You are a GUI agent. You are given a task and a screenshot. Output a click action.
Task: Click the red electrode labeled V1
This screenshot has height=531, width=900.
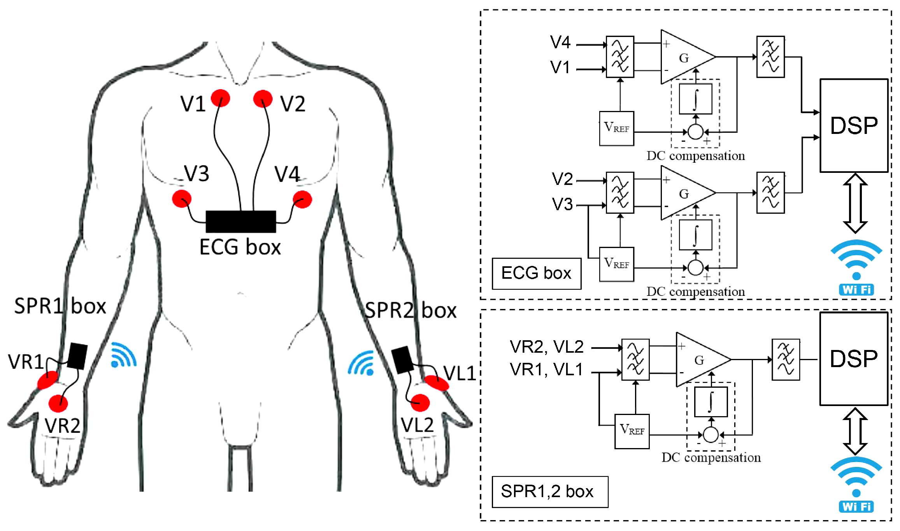[220, 98]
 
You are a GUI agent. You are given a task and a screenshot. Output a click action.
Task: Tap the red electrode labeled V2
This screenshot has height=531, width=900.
[263, 98]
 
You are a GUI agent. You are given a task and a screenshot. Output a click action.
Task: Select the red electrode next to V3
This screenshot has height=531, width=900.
[182, 199]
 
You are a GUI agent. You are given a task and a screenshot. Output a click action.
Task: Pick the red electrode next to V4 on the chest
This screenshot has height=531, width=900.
[302, 199]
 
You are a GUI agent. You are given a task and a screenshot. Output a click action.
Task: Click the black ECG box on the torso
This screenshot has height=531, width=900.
[240, 222]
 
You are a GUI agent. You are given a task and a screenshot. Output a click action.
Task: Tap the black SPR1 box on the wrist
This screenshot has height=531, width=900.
[77, 356]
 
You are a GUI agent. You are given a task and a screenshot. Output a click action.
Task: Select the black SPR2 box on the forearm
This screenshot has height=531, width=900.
[402, 359]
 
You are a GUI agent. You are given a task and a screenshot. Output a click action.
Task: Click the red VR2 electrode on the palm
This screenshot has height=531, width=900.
[58, 403]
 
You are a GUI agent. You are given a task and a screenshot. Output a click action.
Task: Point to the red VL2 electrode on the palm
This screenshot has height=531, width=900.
[420, 403]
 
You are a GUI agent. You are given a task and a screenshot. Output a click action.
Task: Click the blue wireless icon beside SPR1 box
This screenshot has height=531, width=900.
[123, 355]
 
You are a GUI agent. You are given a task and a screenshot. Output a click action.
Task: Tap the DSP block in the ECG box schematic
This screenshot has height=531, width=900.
[854, 125]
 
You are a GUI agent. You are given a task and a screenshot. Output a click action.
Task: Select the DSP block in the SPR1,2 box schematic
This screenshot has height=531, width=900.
[854, 359]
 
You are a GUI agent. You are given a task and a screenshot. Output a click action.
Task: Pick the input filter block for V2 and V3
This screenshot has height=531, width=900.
[620, 192]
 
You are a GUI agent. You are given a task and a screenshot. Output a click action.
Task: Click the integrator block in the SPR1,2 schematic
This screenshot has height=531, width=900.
[711, 401]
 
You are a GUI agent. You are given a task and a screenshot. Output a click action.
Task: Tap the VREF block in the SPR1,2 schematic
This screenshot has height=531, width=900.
[632, 431]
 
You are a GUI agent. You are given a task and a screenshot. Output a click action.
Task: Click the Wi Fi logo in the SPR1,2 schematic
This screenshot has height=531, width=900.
[856, 485]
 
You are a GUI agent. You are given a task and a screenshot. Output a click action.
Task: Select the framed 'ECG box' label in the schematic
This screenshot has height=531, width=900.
[536, 273]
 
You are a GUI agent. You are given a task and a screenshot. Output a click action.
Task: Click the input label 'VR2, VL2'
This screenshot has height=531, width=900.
[546, 346]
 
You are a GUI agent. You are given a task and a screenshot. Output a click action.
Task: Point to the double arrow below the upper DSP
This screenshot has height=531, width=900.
[855, 203]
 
